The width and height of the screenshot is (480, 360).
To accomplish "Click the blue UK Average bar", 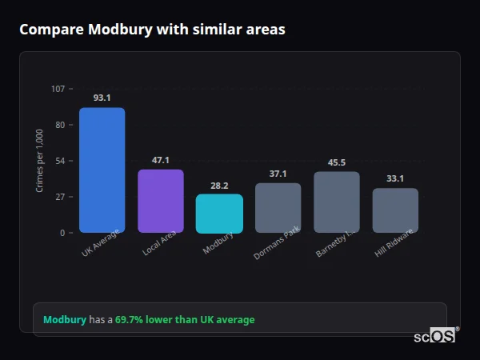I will click(102, 170).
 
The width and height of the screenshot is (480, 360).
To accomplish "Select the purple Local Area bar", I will click(161, 201).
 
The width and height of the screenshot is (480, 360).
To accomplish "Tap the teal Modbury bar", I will click(219, 214).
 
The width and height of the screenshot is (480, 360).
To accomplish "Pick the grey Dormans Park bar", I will click(278, 208).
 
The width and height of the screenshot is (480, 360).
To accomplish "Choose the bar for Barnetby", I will click(337, 202).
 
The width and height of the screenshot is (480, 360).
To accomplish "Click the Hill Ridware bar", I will click(395, 210).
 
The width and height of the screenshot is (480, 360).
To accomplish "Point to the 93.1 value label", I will click(102, 98).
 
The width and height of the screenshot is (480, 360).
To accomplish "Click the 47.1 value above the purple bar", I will click(161, 160).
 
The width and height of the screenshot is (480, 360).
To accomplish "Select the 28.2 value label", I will click(219, 186).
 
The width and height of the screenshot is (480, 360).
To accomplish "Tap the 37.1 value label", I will click(278, 174).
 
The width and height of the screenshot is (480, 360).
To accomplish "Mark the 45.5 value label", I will click(337, 162).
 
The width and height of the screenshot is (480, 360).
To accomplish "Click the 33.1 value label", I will click(395, 178).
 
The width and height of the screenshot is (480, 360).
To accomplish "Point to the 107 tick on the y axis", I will click(58, 89).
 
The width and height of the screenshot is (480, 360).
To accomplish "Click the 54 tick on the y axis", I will click(60, 161).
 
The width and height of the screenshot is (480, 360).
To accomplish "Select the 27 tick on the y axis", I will click(60, 197).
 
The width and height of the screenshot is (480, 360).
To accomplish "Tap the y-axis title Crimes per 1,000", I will click(40, 160).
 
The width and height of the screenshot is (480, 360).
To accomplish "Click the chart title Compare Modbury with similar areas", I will click(152, 30).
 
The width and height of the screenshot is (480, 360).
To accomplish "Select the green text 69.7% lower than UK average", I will click(185, 320).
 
